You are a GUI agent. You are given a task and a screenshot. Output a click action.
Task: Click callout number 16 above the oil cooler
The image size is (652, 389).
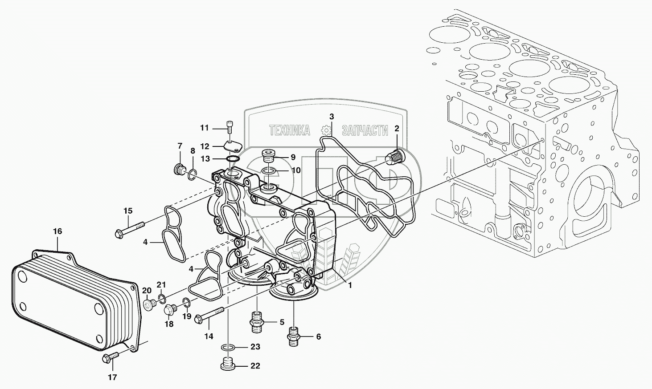[x=57, y=231]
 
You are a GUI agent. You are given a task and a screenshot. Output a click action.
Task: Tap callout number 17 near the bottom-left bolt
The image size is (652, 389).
[x=112, y=377]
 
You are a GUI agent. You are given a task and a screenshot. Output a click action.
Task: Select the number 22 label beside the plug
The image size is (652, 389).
[x=255, y=366]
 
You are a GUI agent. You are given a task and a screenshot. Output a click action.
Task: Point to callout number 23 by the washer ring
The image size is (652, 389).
[x=255, y=347]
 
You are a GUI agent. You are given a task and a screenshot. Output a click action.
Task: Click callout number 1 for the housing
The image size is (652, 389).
[x=350, y=285]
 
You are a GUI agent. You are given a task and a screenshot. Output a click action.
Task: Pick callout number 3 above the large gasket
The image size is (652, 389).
[x=331, y=117]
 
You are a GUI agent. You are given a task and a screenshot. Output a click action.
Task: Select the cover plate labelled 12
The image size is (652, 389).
[x=233, y=146]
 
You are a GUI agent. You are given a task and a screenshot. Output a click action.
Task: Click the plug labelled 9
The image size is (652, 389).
[x=269, y=156]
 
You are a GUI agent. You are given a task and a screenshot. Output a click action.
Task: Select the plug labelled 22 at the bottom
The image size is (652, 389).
[x=228, y=365]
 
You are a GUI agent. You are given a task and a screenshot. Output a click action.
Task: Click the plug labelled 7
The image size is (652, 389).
[x=179, y=169]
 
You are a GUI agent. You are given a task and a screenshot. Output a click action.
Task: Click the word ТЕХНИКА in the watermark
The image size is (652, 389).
[x=290, y=130]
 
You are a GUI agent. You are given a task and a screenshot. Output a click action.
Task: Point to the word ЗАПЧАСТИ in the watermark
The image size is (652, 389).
[x=365, y=130]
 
